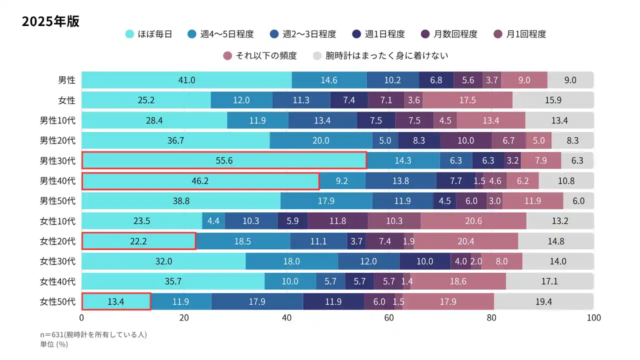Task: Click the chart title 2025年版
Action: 50,22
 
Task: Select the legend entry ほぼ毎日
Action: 148,34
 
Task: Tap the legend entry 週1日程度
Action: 378,34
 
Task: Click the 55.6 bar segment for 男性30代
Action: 224,160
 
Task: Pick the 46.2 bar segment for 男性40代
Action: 200,180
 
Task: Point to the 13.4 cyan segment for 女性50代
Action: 116,301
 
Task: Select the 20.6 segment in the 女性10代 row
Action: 473,221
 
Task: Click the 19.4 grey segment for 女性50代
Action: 543,301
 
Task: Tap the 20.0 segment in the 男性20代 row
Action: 321,140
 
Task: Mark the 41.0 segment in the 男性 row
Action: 186,80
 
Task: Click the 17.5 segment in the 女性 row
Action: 467,100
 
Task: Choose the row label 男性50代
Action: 57,201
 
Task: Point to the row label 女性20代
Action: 57,241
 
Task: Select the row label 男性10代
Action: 57,120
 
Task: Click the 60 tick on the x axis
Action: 389,318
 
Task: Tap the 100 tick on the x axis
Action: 593,318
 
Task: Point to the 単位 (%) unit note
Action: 53,344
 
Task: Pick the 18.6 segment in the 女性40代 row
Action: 458,281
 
